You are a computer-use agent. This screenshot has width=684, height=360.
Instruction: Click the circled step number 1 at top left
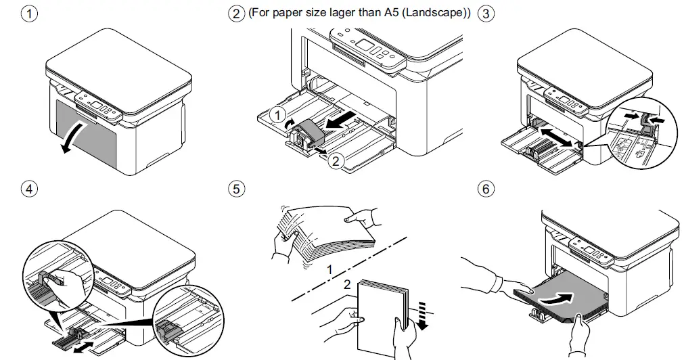(x=28, y=14)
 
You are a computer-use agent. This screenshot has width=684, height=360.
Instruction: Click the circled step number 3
(x=485, y=14)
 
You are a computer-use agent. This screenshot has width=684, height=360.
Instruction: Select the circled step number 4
(x=28, y=189)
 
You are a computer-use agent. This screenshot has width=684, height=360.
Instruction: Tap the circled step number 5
(x=235, y=189)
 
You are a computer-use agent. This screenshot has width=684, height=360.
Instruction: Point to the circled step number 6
(x=485, y=189)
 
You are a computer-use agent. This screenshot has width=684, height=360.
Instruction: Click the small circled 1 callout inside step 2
(x=277, y=116)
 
